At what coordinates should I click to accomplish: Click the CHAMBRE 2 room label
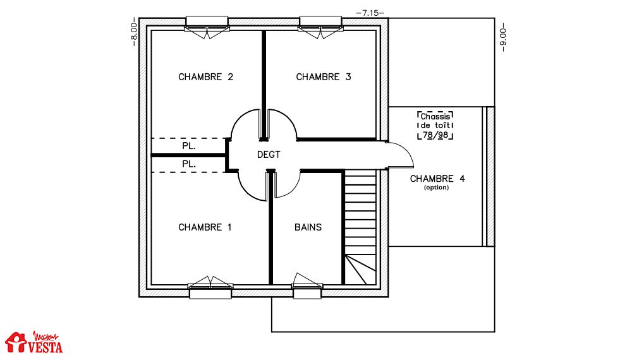205,77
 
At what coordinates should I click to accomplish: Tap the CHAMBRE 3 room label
323,77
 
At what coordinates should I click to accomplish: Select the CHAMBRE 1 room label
205,227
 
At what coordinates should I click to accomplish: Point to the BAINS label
308,227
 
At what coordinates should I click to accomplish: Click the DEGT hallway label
269,155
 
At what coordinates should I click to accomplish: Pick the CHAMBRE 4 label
437,179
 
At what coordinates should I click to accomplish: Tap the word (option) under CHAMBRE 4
437,188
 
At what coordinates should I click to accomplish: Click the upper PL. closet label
188,146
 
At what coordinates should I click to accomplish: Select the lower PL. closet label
188,164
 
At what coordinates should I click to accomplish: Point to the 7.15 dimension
370,13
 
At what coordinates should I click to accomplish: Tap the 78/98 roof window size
435,135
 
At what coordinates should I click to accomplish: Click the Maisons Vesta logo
34,342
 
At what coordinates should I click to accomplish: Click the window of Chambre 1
210,287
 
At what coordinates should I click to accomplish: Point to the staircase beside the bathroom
360,227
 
